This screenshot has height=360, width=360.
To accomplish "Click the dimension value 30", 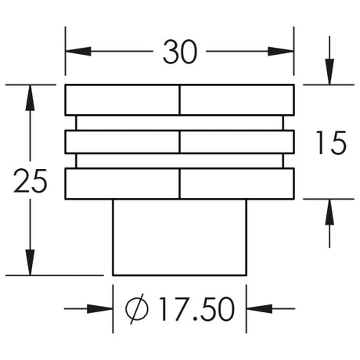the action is click(x=180, y=52).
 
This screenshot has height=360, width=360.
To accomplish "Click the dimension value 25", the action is click(x=30, y=181).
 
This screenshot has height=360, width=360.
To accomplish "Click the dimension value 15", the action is click(x=331, y=142).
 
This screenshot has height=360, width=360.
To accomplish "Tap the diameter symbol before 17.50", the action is click(x=137, y=309).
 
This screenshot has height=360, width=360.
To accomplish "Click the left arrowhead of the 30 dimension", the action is click(x=78, y=52).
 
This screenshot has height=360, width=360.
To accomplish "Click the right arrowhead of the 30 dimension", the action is click(x=281, y=52).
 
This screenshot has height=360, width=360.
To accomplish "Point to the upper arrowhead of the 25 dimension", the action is click(x=30, y=98).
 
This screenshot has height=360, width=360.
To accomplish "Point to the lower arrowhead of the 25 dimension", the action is click(x=30, y=262).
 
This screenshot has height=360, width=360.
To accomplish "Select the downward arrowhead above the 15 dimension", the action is click(x=329, y=72).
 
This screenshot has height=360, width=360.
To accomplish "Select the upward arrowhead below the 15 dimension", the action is click(x=329, y=212).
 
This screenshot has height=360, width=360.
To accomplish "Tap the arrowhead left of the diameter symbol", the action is click(x=100, y=308).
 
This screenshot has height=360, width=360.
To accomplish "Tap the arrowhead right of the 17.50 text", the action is click(x=259, y=308).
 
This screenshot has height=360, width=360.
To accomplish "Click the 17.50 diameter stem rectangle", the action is click(x=179, y=237).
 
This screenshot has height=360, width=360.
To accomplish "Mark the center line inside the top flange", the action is click(x=179, y=100).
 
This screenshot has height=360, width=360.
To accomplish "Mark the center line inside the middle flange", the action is click(x=179, y=142).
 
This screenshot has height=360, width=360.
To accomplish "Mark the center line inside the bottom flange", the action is click(x=179, y=184).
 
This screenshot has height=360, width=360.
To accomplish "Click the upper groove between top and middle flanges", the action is click(x=179, y=123).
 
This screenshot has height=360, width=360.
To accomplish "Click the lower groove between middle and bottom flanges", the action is click(x=179, y=161).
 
